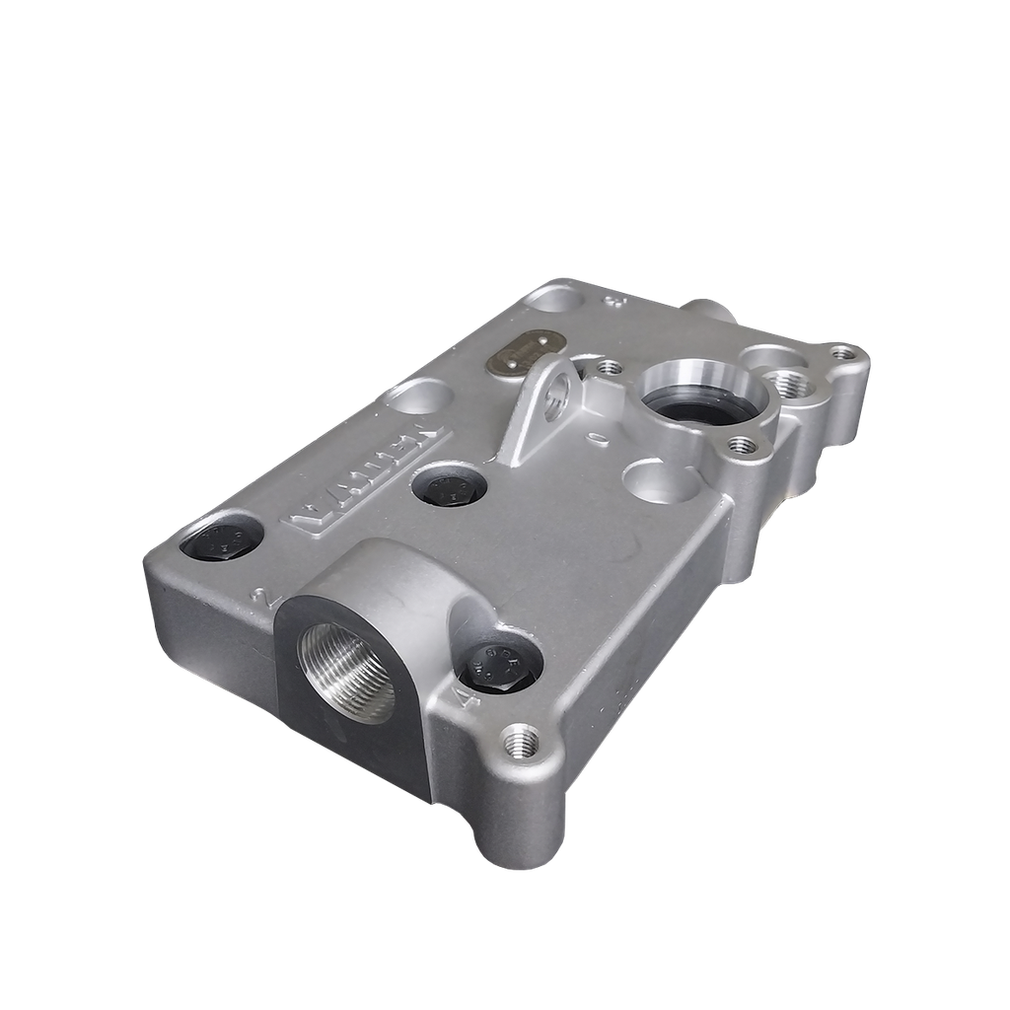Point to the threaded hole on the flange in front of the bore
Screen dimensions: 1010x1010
pyautogui.click(x=741, y=447)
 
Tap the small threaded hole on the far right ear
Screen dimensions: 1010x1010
pyautogui.click(x=840, y=351)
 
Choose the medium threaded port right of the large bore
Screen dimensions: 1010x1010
pyautogui.click(x=789, y=384)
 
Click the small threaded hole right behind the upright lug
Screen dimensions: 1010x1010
pyautogui.click(x=610, y=367)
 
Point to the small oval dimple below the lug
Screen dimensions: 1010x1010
pyautogui.click(x=592, y=435)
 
